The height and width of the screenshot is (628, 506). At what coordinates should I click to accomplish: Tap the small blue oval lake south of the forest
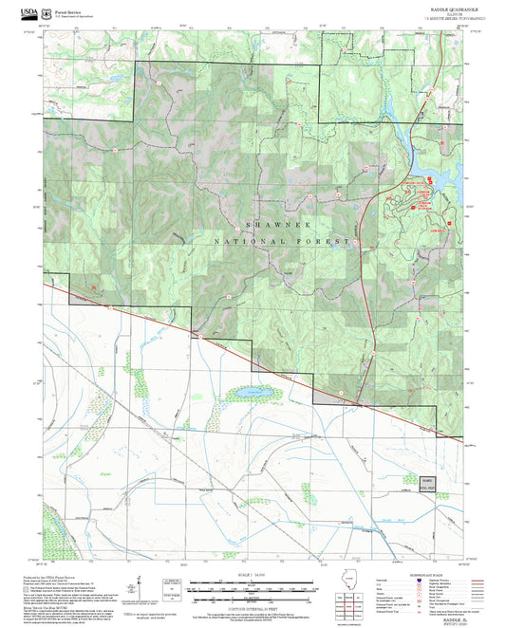coord(249,391)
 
